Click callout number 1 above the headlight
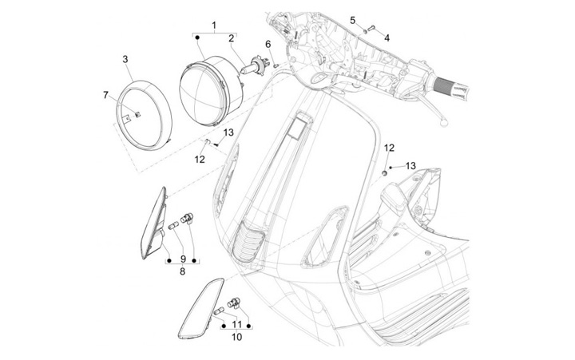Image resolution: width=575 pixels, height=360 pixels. click(x=214, y=26)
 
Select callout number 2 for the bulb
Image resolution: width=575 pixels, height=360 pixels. click(x=232, y=38)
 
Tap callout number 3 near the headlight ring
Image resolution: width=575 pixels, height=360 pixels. click(x=125, y=59)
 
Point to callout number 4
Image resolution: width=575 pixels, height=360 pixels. click(x=387, y=38)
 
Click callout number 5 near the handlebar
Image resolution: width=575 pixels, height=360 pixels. click(x=353, y=20)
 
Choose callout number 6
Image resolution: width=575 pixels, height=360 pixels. click(x=268, y=45)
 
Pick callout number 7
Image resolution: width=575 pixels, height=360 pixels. click(x=105, y=95)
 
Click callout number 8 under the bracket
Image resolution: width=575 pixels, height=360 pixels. click(x=183, y=271)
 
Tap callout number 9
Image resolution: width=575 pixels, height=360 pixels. click(x=183, y=259)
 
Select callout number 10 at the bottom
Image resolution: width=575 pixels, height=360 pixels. click(x=237, y=337)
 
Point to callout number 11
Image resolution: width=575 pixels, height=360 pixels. click(x=237, y=324)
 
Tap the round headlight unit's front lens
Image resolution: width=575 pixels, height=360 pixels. click(x=200, y=92)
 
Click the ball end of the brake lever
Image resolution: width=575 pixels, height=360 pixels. click(x=443, y=124)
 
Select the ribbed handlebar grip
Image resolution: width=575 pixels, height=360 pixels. click(x=449, y=89)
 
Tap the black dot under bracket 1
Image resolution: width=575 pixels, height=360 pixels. click(x=197, y=38)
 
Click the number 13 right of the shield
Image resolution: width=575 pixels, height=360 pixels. click(x=410, y=166)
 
